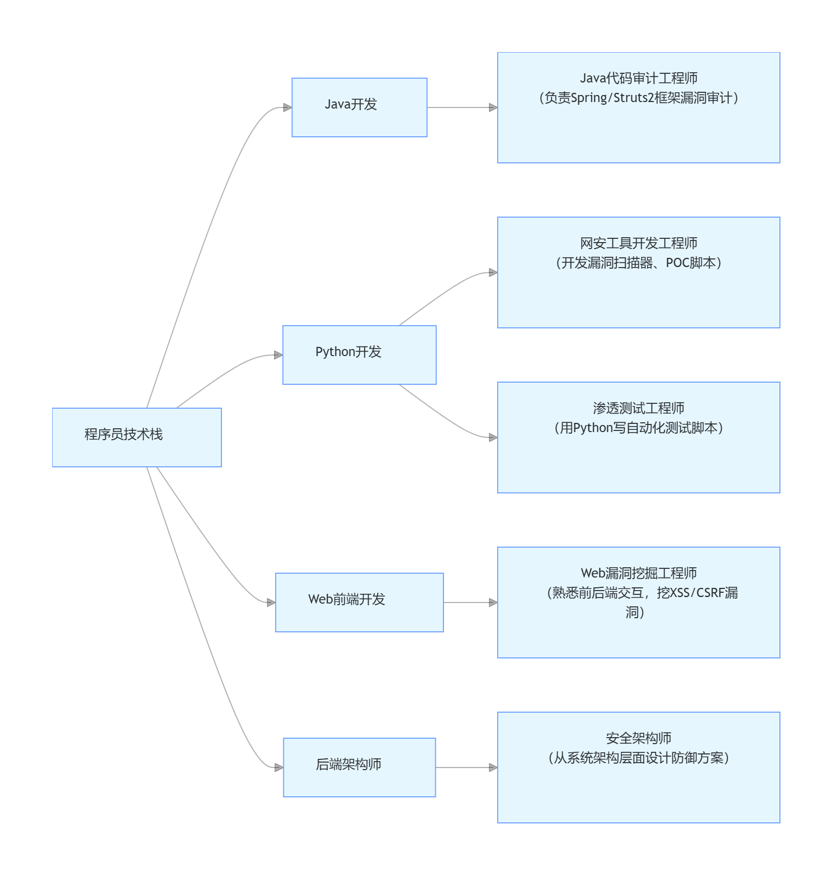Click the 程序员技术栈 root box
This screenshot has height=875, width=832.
coord(137,437)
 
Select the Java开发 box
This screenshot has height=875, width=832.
coord(359,107)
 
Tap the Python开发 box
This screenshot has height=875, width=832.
coord(359,355)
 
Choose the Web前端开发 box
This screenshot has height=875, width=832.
coord(359,603)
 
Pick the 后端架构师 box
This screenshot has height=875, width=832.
coord(359,768)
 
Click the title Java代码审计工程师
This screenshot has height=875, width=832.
coord(639,78)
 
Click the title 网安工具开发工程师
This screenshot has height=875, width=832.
coord(639,243)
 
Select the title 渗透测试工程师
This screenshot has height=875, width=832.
coord(639,408)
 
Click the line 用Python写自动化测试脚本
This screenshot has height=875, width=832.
coord(639,428)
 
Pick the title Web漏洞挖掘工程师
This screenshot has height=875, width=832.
coord(639,573)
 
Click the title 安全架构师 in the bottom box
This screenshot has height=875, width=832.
coord(639,738)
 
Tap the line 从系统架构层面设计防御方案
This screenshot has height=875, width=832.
coord(639,758)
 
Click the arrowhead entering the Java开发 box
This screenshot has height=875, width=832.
coord(288,107)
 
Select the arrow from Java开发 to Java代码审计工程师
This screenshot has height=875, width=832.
coord(461,107)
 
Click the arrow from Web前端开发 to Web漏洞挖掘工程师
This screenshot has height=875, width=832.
coord(469,603)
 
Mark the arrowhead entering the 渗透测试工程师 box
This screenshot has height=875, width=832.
coord(493,437)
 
